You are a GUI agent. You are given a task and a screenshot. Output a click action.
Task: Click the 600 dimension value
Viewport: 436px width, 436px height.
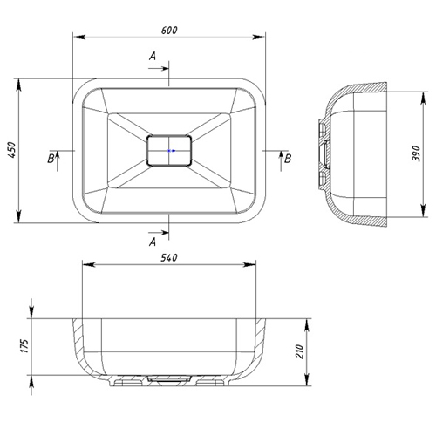(x=169, y=31)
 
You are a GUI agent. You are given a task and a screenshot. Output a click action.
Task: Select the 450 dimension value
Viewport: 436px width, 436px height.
(x=11, y=150)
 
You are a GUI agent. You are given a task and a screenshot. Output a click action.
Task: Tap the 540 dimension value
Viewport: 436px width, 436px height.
(x=169, y=258)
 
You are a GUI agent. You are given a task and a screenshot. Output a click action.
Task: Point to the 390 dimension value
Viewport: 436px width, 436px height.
(x=416, y=153)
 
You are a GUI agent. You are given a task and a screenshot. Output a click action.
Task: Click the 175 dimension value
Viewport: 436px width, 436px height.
(x=24, y=346)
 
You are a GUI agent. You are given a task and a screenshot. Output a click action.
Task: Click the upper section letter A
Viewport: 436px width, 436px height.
(x=153, y=56)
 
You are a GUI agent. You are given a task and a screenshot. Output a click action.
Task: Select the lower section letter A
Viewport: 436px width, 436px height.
(x=153, y=242)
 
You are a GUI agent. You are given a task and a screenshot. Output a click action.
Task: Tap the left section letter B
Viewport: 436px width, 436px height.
(x=51, y=159)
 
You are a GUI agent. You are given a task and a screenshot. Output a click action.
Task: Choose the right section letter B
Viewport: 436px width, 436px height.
(x=288, y=159)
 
